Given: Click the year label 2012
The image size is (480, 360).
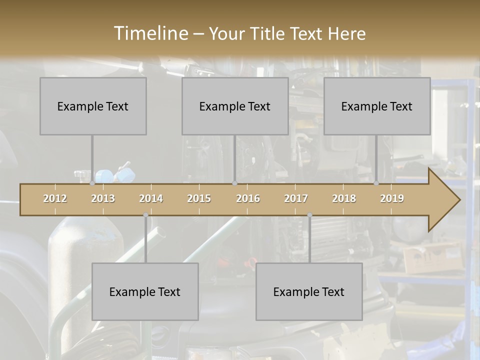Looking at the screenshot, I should pos(55,198).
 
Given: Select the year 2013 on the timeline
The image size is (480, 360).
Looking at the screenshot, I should pos(103,198).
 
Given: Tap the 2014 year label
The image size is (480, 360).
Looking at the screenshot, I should pos(151,198).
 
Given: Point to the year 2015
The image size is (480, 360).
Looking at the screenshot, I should pos(199,198).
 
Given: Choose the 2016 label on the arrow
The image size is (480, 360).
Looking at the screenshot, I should pos(248,198).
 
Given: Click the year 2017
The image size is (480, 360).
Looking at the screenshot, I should pos(296,198).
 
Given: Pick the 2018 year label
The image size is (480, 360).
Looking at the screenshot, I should pos(344,198).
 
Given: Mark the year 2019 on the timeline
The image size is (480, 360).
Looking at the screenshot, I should pos(392,198).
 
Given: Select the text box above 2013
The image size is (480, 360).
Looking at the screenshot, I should pos(93,106).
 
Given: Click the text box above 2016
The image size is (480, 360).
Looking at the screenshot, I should pos(235,106).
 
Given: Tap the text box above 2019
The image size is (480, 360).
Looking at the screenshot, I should pos(377,106).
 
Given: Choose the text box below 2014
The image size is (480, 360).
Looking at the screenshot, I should pos(145,291).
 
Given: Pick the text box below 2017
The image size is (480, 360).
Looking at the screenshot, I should pos(309,291).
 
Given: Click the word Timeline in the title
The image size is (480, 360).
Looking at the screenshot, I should pos(150,33).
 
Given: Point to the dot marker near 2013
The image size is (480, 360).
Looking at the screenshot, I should pos(92,183).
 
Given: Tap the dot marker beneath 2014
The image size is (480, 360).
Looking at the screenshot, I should pos(145,215).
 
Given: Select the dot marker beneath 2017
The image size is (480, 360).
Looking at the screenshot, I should pos(309,215).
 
